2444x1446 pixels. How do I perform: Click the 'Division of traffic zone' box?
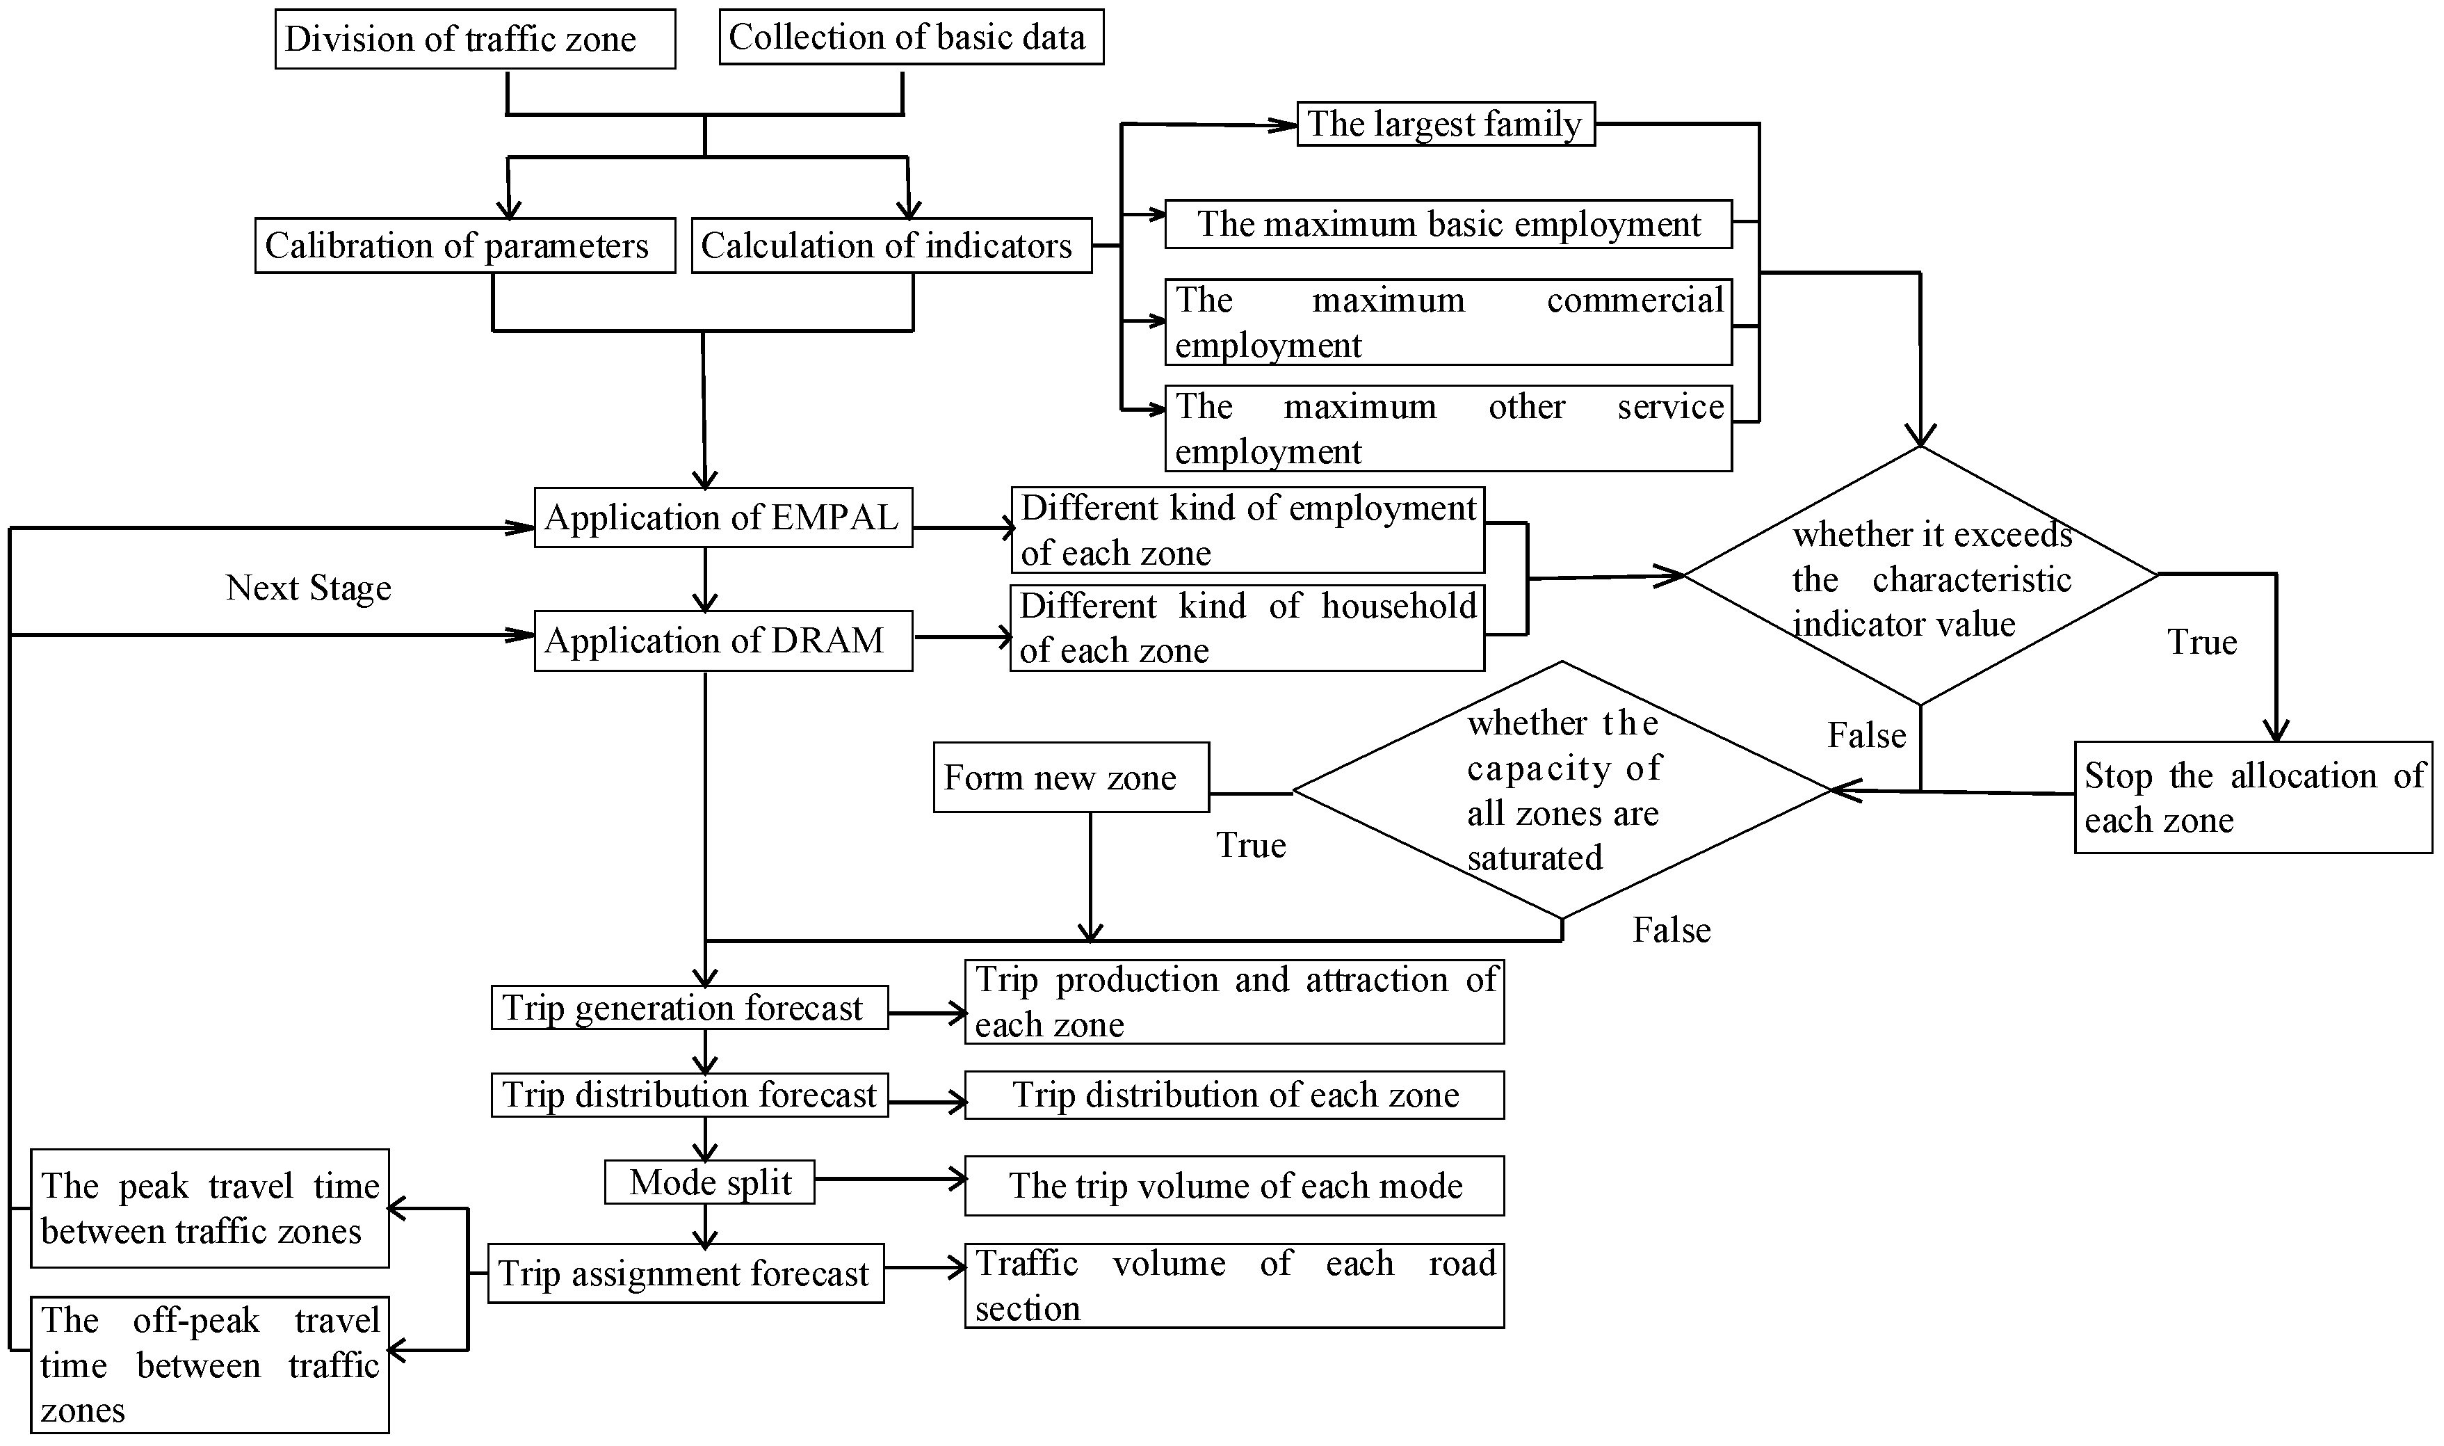(x=474, y=39)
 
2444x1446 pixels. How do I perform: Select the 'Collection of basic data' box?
(x=911, y=37)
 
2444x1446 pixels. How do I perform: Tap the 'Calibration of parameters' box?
(x=464, y=246)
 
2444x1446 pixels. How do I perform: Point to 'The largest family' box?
(x=1446, y=124)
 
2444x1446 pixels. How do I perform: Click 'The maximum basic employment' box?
(x=1448, y=224)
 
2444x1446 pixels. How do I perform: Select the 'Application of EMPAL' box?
(x=723, y=517)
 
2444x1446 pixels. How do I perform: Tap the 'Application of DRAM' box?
(x=723, y=640)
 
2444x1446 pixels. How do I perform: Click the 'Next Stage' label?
(x=309, y=588)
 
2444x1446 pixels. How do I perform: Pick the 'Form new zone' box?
(x=1071, y=778)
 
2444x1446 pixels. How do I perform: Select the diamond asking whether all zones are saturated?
(x=1562, y=790)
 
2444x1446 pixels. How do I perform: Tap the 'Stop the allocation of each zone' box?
(x=2252, y=797)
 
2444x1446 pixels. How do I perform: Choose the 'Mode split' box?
(x=709, y=1182)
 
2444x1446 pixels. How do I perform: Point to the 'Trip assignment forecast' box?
(x=685, y=1274)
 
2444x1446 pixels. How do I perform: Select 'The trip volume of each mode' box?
(x=1234, y=1186)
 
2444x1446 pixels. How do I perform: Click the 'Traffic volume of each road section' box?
(x=1234, y=1285)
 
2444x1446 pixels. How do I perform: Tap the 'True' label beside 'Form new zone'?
(x=1251, y=845)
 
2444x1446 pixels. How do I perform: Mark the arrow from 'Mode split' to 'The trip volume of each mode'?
(x=889, y=1180)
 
